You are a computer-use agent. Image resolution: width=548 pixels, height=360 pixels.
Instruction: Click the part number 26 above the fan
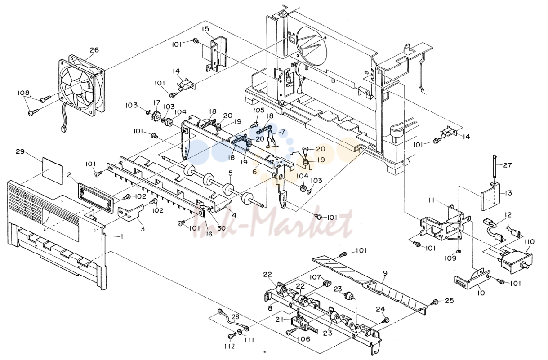pos(94,50)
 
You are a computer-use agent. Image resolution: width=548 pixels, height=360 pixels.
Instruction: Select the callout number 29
pos(20,152)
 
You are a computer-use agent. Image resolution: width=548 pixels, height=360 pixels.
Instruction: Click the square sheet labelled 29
pos(52,170)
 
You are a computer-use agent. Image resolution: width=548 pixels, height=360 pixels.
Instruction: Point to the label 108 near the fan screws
pos(23,93)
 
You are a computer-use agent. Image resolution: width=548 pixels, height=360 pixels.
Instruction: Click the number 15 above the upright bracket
pos(205,29)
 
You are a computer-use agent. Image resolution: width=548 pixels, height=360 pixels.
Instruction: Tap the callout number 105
pos(258,110)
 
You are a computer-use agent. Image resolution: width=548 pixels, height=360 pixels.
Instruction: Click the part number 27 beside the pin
pos(508,165)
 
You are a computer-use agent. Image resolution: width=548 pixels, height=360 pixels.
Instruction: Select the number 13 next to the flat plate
pos(508,193)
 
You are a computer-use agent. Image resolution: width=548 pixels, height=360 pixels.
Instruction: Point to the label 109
pos(450,258)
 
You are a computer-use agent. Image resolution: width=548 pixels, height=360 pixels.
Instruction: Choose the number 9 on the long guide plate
pos(385,273)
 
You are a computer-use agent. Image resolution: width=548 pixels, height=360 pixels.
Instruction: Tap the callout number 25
pos(450,300)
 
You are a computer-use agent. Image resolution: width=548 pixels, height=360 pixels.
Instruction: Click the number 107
pos(315,277)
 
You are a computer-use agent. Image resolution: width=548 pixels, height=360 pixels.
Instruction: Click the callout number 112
pos(229,346)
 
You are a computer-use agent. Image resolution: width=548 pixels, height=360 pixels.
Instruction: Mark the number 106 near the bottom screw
pos(304,339)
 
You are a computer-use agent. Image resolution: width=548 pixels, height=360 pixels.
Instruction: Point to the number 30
pos(221,228)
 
